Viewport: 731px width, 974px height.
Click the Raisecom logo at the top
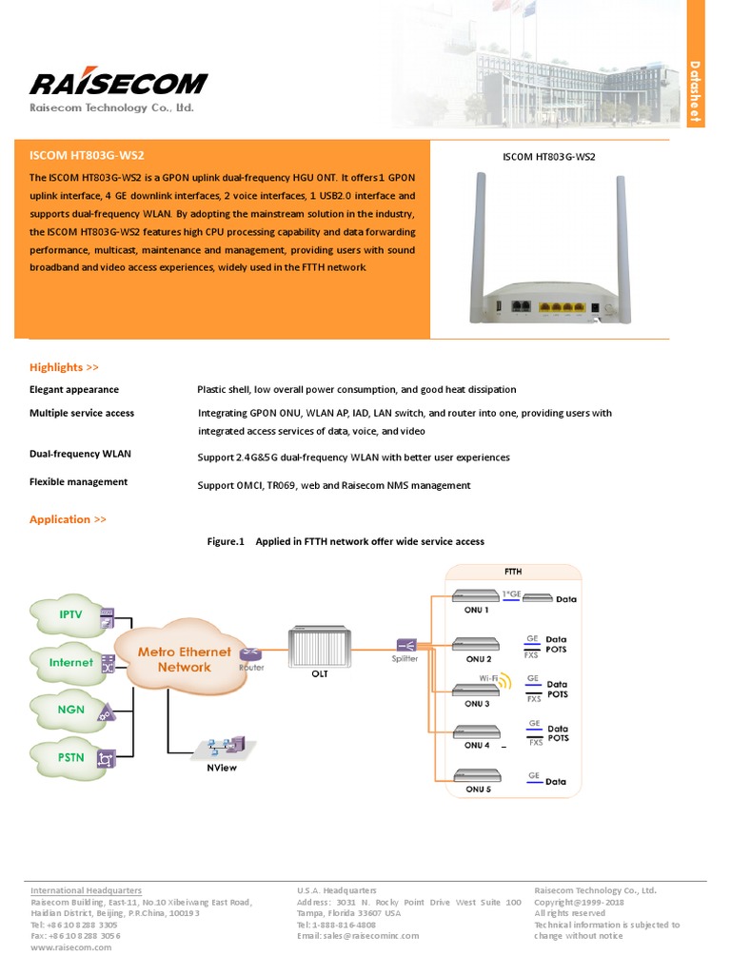pos(118,83)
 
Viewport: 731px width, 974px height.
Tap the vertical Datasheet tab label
pos(696,92)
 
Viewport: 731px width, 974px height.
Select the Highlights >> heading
pos(64,367)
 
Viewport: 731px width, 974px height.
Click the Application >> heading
pos(68,519)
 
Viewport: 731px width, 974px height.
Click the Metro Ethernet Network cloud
pos(184,659)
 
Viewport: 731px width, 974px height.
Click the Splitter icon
pos(404,645)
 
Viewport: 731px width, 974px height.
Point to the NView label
pos(221,768)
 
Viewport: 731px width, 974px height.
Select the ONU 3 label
pos(478,704)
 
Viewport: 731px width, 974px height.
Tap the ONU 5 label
pos(478,789)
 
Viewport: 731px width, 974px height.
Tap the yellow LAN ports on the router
pos(560,308)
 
